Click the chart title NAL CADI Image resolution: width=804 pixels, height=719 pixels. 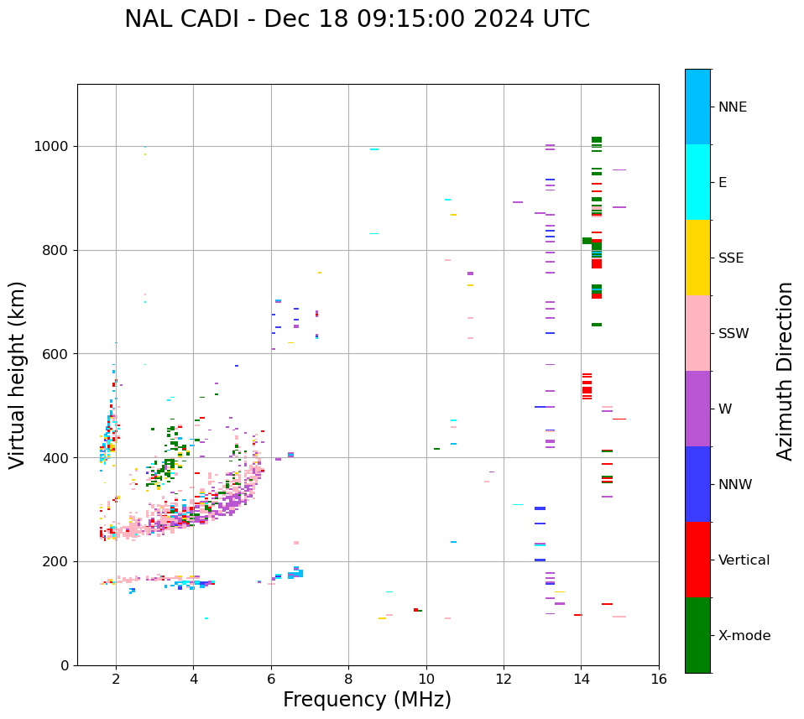[x=357, y=19]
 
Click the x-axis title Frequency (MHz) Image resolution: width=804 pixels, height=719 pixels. [x=367, y=700]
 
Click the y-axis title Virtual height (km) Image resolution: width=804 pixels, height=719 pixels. [x=18, y=374]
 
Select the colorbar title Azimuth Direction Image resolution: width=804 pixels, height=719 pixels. [x=785, y=370]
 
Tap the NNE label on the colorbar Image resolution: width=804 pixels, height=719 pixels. [x=732, y=107]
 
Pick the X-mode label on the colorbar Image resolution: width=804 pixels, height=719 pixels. [x=744, y=636]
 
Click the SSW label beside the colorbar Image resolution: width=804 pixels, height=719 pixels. [x=733, y=334]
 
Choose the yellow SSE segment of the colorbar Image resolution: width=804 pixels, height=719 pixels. [x=697, y=257]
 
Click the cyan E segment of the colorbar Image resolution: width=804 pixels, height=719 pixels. [x=697, y=182]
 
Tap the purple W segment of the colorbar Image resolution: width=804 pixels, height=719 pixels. [x=697, y=409]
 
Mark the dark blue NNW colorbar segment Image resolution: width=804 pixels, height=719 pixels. [x=697, y=484]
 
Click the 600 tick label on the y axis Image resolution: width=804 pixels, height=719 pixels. [x=59, y=354]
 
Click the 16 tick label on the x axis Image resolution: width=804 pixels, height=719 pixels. [x=659, y=679]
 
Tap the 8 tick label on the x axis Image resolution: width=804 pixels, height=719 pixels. [x=348, y=679]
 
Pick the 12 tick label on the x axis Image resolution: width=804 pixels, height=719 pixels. [x=504, y=679]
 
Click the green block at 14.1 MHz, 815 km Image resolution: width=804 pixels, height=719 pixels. [x=587, y=241]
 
